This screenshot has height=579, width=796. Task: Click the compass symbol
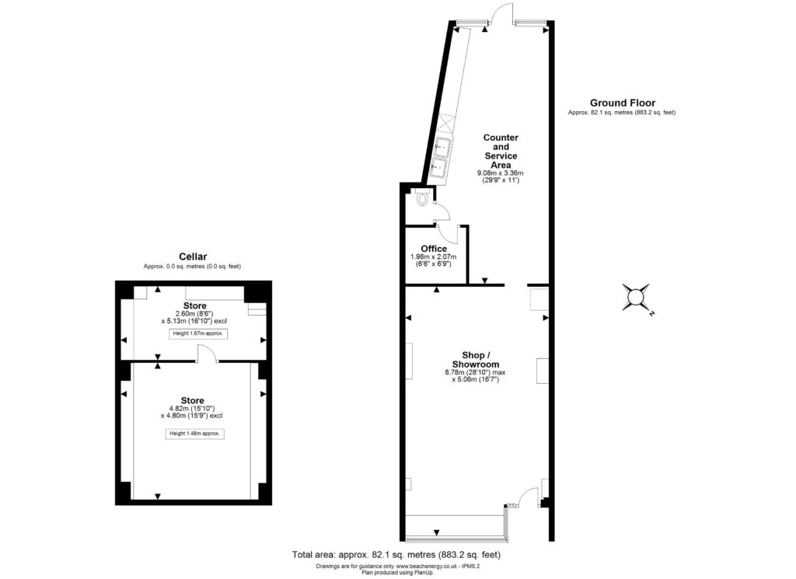point(636,298)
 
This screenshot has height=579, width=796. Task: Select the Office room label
point(434,249)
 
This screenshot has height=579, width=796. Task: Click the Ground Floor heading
point(623,103)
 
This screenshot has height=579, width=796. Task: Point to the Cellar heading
point(193,256)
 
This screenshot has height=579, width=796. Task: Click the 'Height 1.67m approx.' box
point(198,333)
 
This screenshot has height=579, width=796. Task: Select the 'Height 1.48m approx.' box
point(195,434)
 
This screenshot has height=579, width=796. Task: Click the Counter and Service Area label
point(501,152)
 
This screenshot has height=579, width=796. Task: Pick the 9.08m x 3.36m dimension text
point(500,173)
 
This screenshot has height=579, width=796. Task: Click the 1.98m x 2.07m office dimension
point(434,256)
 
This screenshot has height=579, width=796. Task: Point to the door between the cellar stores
point(206,354)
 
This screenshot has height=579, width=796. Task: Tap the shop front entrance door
point(529,497)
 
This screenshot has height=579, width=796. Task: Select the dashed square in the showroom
point(539,299)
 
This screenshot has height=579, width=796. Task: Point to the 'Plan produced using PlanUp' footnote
point(397,573)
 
